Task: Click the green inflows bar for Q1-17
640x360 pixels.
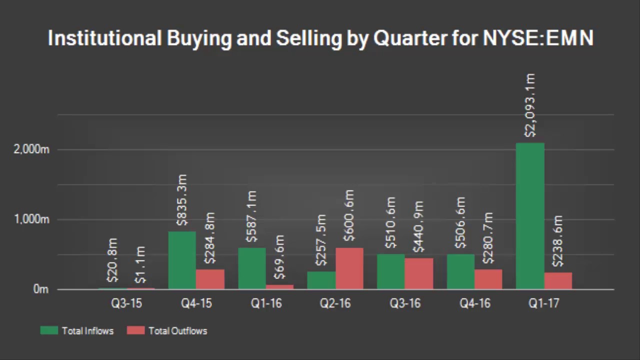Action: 530,216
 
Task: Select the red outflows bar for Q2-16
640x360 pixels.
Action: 349,268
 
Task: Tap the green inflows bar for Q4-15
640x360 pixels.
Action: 182,260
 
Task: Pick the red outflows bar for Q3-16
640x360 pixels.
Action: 418,273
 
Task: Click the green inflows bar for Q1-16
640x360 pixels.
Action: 251,268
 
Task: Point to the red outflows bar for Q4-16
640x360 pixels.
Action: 488,279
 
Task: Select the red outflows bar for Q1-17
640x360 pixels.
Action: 558,280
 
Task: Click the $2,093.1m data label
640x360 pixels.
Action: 530,105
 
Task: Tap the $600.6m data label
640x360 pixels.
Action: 349,216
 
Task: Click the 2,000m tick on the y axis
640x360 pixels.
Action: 31,149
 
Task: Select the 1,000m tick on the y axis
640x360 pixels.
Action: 31,219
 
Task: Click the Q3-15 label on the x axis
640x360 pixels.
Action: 126,304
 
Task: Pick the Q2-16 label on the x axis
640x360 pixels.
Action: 335,304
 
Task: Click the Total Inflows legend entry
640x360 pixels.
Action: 77,330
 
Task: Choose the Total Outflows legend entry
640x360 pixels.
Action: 167,330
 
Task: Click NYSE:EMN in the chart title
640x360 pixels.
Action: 538,38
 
